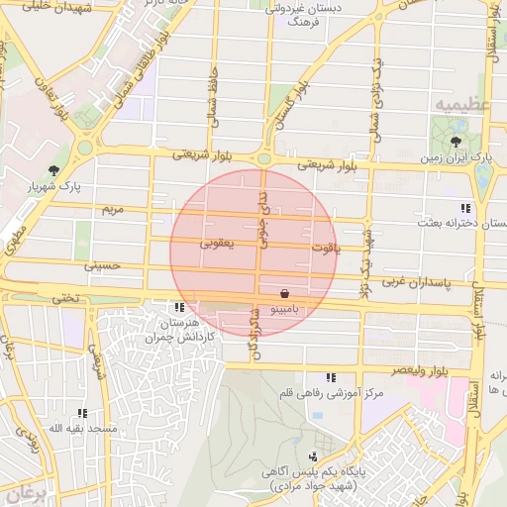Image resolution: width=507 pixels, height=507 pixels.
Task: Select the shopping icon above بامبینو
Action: tap(285, 294)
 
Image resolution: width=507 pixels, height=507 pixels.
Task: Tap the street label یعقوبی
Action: tap(216, 242)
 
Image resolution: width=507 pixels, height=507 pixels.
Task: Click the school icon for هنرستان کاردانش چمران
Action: tap(179, 308)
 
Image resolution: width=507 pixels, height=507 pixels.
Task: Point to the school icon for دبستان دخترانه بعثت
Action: tap(464, 207)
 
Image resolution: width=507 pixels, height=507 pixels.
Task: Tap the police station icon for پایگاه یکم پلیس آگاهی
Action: tap(314, 456)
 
